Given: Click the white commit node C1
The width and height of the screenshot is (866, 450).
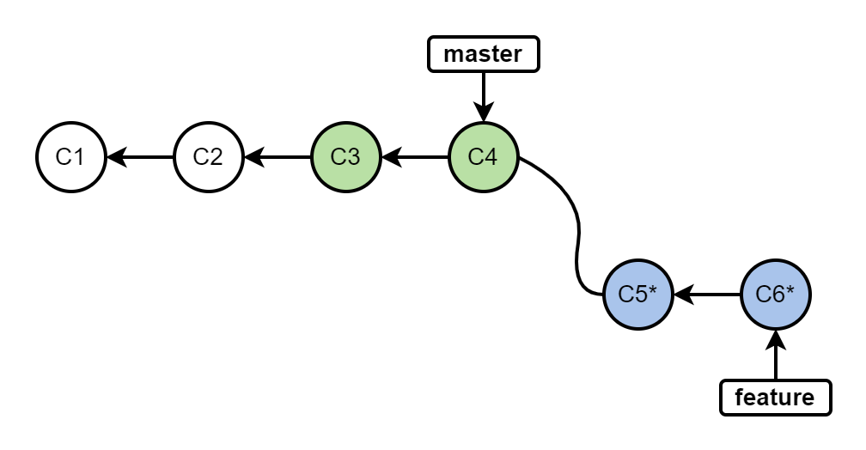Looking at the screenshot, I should click(x=70, y=157).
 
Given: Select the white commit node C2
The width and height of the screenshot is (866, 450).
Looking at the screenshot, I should click(x=208, y=157).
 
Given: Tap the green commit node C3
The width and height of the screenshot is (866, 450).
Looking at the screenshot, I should click(x=345, y=157).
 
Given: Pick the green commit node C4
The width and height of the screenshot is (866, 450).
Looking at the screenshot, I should click(x=483, y=157).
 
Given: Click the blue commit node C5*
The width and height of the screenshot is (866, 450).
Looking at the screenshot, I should click(x=637, y=295).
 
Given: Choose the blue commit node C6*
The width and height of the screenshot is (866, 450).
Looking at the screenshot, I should click(x=775, y=295).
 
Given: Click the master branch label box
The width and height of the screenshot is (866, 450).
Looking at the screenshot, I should click(x=483, y=54).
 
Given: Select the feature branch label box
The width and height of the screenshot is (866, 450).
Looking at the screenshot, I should click(x=775, y=398).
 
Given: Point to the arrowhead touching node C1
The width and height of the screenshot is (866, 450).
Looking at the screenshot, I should click(x=115, y=157).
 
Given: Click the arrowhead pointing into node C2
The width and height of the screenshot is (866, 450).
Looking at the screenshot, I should click(x=253, y=157).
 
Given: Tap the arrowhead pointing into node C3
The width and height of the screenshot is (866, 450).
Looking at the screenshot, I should click(x=390, y=157).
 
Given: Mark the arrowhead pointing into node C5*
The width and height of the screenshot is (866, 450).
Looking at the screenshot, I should click(x=682, y=295).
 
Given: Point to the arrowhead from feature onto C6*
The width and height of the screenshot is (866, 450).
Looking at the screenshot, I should click(x=775, y=339).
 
